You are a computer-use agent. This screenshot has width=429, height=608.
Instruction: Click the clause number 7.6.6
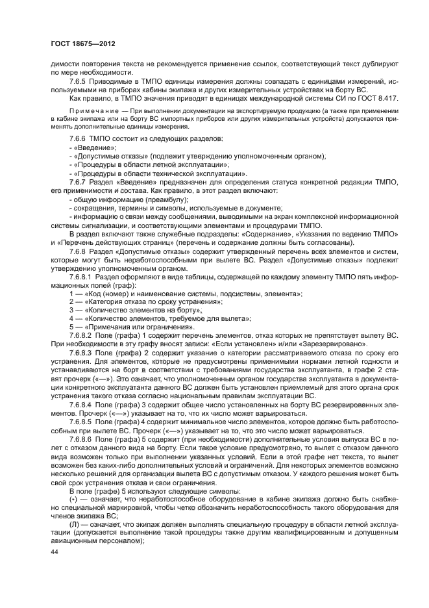(x=78, y=140)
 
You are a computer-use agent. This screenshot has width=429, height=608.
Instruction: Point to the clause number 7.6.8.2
(x=82, y=336)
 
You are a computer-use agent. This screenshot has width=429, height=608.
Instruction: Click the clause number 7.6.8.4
(x=82, y=404)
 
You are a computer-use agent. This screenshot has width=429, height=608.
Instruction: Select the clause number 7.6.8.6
(x=82, y=438)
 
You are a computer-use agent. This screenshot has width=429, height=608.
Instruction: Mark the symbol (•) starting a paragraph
(x=73, y=497)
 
